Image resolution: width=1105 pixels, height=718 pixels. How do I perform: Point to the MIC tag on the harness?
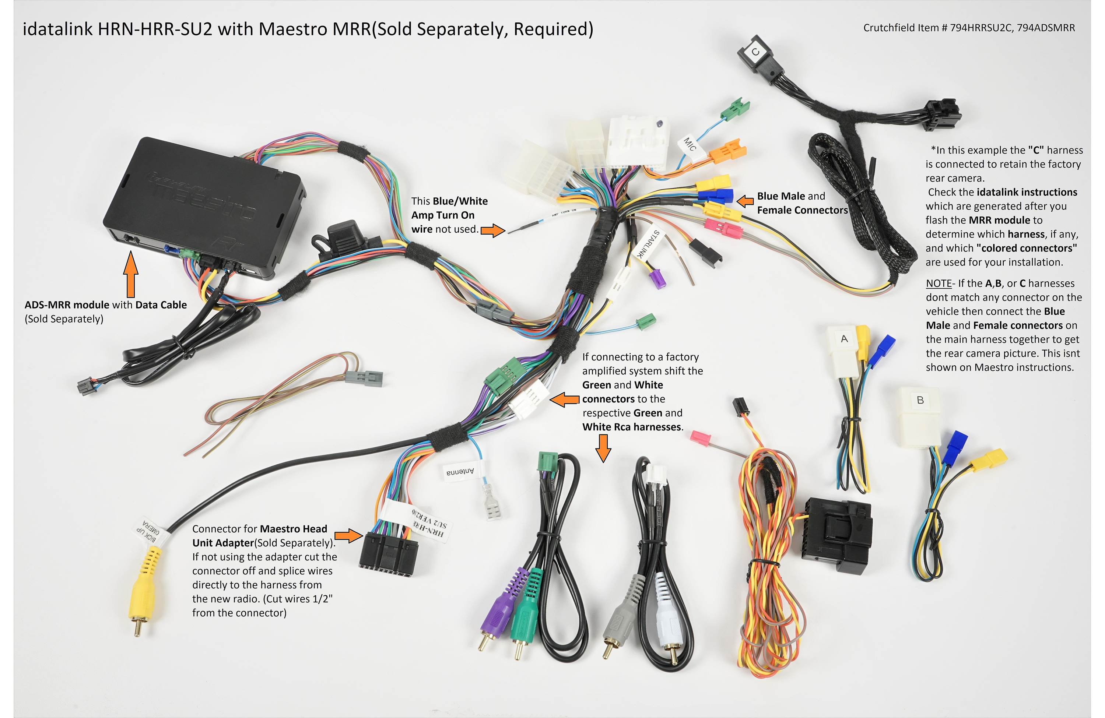click(x=690, y=145)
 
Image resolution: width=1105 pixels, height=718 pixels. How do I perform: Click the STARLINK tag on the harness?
click(x=648, y=243)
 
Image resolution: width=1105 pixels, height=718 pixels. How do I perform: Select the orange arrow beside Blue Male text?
click(x=745, y=201)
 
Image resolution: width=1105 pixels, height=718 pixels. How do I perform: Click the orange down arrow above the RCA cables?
click(x=603, y=448)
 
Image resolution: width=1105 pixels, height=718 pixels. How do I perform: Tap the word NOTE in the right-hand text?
click(x=938, y=283)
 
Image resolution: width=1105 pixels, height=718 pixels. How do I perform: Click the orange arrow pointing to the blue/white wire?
click(x=492, y=230)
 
